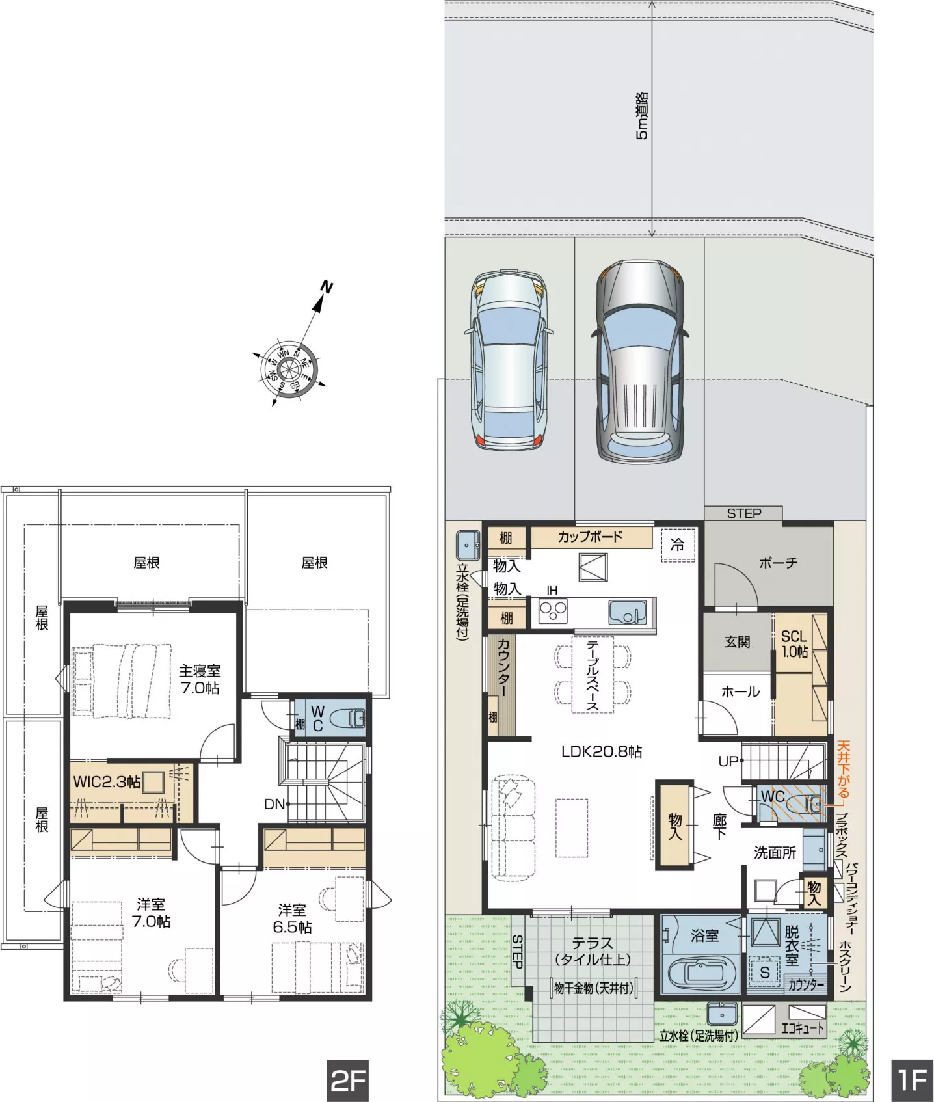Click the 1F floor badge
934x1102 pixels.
[x=912, y=1080]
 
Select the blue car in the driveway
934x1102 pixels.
[x=509, y=361]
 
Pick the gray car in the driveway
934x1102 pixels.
[x=640, y=361]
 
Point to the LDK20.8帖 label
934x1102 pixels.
[x=602, y=752]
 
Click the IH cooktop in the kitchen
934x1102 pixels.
[x=553, y=612]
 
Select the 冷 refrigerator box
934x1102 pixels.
[x=678, y=545]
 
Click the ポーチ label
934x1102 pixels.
[x=778, y=563]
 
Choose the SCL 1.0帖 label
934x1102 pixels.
[x=794, y=643]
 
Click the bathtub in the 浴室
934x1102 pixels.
[x=704, y=973]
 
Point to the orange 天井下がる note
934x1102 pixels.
[x=843, y=769]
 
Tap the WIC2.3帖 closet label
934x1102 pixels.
[x=107, y=782]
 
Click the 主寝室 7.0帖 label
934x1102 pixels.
[x=200, y=680]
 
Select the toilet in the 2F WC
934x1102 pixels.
[x=347, y=719]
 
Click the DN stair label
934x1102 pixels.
[x=274, y=804]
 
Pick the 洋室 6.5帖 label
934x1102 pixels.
[x=292, y=919]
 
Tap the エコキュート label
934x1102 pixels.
[x=803, y=1028]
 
